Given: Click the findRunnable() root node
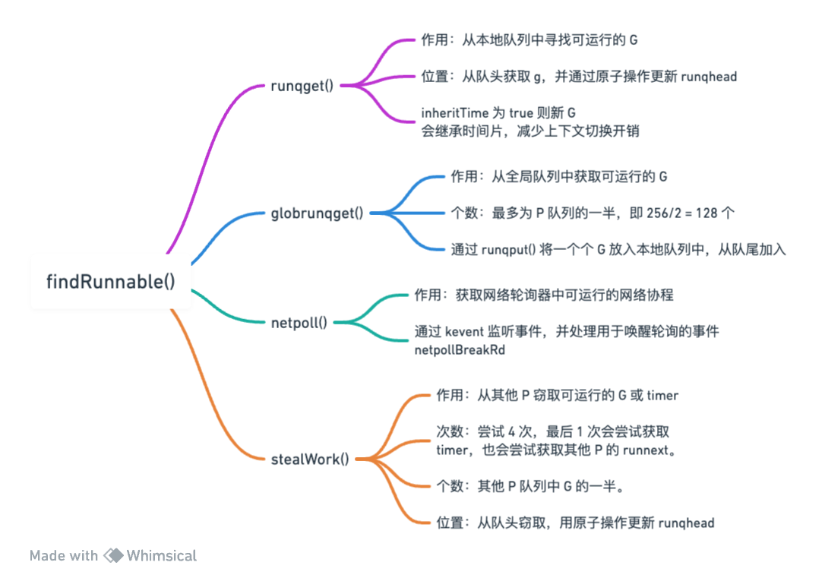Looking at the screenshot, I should [111, 281].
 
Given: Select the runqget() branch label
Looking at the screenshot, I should [302, 85].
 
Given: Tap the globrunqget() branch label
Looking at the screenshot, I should [318, 213].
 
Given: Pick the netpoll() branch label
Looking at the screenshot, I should [299, 322].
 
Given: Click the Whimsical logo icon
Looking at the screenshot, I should [113, 555].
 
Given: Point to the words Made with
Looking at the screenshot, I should [64, 555].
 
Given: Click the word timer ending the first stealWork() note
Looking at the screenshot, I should [662, 395].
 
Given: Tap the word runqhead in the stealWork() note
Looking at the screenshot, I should [686, 523].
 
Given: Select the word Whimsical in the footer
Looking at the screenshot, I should [161, 555].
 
